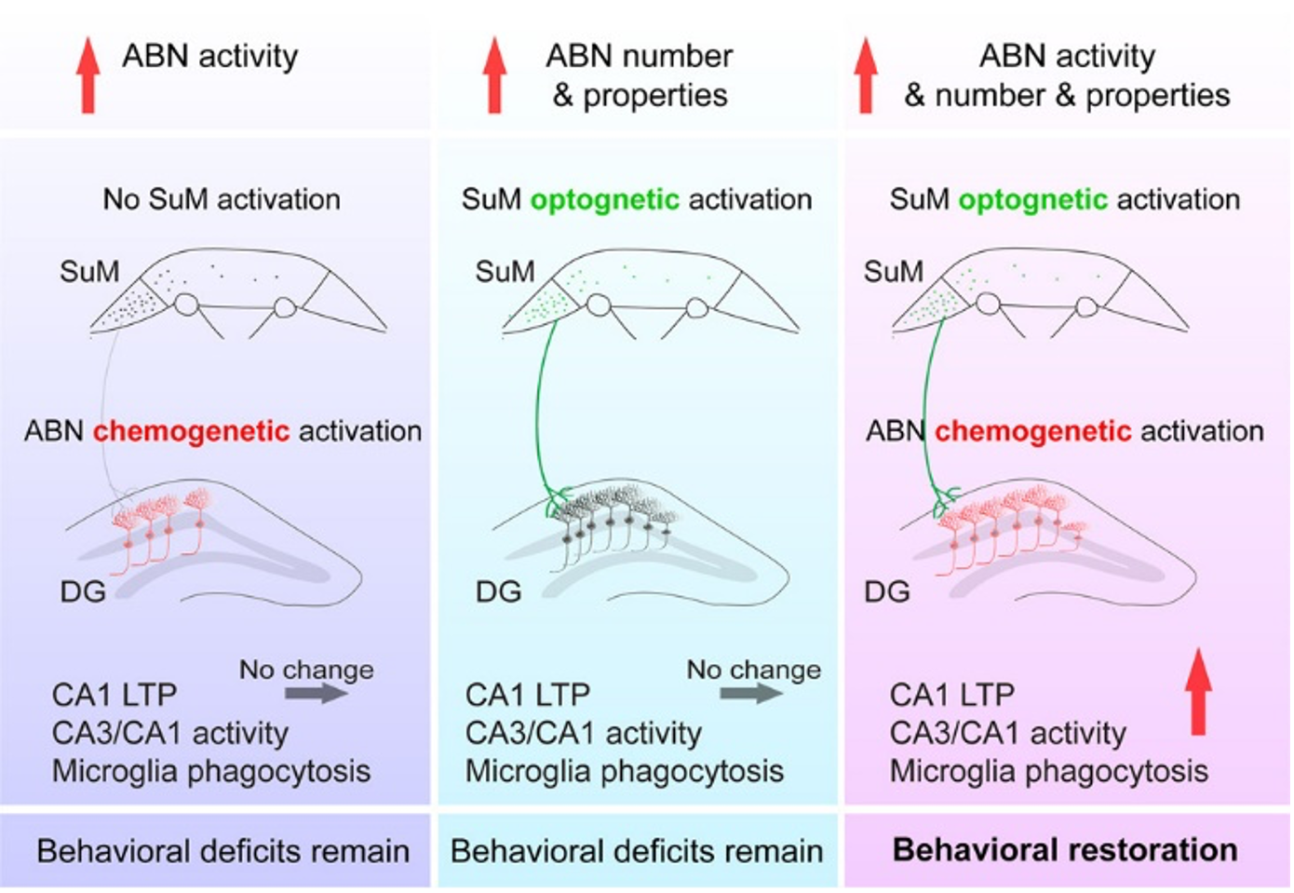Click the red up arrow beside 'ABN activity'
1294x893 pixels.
[x=88, y=75]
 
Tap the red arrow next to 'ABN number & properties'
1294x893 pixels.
[x=494, y=75]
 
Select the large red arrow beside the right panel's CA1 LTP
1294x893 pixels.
[x=1198, y=691]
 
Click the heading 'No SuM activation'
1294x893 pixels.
[x=222, y=199]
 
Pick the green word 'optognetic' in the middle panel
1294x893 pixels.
[x=605, y=199]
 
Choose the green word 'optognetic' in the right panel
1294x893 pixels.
[x=1032, y=199]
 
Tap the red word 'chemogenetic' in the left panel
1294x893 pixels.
[x=191, y=431]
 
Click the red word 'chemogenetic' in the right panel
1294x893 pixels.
[x=1032, y=431]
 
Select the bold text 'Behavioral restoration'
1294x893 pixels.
[x=1065, y=850]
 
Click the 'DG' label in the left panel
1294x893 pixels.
[x=83, y=591]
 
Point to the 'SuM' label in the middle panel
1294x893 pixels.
[x=505, y=271]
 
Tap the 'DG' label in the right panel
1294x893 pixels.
[x=886, y=591]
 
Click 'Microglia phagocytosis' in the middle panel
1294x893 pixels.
[x=624, y=771]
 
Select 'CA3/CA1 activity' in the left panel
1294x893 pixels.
[x=169, y=733]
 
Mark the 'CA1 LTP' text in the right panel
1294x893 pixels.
[x=951, y=695]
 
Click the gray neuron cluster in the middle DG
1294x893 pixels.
[x=614, y=512]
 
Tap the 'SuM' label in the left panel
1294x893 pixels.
[x=89, y=271]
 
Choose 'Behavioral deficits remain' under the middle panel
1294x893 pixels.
[x=636, y=851]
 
